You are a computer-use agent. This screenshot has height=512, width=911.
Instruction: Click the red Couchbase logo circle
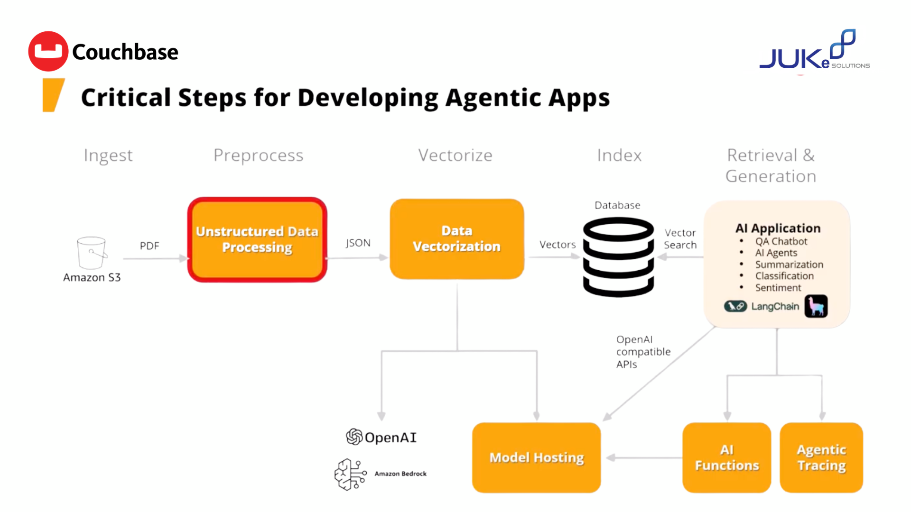coord(48,51)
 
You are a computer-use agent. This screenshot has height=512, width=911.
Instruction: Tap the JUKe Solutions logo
coord(815,50)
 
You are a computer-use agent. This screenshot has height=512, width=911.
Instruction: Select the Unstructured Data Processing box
coord(257,239)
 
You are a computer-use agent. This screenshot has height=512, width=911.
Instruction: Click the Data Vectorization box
coord(457,238)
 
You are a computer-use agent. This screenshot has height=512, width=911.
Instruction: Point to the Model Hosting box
coord(537,457)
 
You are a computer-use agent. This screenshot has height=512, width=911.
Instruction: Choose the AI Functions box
coord(727,457)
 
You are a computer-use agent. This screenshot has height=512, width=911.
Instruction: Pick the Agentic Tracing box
coord(821,457)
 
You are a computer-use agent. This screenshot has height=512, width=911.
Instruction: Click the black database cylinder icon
coord(618,257)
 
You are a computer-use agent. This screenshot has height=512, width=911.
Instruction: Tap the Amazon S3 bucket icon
coord(92,253)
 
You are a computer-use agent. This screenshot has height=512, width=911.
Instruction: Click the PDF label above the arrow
coord(149,246)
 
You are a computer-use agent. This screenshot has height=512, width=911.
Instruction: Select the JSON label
coord(358,243)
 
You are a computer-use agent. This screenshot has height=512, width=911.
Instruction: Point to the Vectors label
coord(558,245)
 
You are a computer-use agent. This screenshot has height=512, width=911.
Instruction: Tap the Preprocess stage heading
coord(259,155)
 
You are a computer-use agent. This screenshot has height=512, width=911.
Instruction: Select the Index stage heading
coord(619,155)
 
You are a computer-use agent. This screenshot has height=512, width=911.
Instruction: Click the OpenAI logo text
coord(390,437)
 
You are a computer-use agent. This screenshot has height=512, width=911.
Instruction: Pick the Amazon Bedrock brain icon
coord(350,474)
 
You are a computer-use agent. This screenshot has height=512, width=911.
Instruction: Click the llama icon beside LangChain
coord(816,306)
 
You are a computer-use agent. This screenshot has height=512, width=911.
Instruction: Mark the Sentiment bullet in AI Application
coord(778,288)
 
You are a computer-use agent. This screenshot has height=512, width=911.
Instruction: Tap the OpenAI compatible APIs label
coord(643,352)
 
